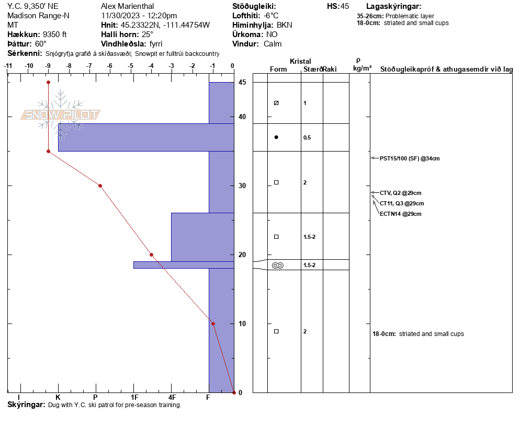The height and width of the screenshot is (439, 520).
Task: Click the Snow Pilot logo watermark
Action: pyautogui.click(x=60, y=114)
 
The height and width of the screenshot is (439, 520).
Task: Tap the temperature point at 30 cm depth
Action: pyautogui.click(x=100, y=186)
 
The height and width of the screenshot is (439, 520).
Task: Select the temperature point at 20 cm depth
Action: pyautogui.click(x=152, y=255)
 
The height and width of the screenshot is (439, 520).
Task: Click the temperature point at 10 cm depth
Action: pyautogui.click(x=213, y=324)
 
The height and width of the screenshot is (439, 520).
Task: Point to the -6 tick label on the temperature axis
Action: pyautogui.click(x=109, y=66)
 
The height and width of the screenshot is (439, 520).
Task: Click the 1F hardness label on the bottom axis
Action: pyautogui.click(x=134, y=397)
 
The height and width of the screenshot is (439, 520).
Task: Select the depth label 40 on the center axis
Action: pyautogui.click(x=242, y=117)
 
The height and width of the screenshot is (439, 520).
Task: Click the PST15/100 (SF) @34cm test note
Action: pyautogui.click(x=410, y=158)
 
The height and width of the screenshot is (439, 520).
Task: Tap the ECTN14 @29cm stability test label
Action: pyautogui.click(x=401, y=214)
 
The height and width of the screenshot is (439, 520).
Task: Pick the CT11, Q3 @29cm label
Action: pyautogui.click(x=402, y=203)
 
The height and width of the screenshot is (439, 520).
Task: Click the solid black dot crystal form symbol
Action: pyautogui.click(x=276, y=137)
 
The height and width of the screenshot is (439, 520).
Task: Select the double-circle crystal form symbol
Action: pyautogui.click(x=278, y=265)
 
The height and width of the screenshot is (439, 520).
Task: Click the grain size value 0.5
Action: pyautogui.click(x=307, y=137)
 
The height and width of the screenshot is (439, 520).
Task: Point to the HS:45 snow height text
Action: pyautogui.click(x=338, y=6)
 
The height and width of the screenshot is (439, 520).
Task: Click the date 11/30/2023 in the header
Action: pyautogui.click(x=120, y=16)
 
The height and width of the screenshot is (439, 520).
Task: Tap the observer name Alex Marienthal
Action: pyautogui.click(x=127, y=6)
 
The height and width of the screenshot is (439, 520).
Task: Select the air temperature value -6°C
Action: pyautogui.click(x=272, y=16)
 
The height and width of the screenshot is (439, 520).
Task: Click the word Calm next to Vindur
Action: pyautogui.click(x=273, y=44)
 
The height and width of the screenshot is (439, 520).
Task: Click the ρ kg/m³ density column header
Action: pyautogui.click(x=362, y=65)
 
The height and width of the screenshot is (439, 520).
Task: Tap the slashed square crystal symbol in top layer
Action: pyautogui.click(x=276, y=103)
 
